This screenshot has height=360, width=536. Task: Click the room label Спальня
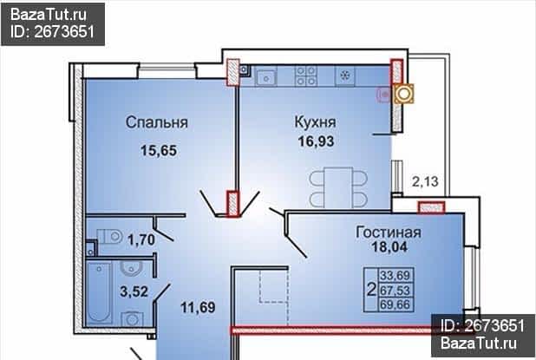(157, 122)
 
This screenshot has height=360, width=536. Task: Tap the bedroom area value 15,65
(159, 150)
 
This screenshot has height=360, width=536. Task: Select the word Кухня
(315, 122)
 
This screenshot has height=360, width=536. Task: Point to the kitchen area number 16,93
(316, 141)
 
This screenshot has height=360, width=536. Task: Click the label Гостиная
(389, 232)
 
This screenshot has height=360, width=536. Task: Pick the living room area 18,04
(389, 246)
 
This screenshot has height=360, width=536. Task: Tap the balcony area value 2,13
(425, 181)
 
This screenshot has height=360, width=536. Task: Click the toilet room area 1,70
(141, 239)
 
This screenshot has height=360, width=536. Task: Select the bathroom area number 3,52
(134, 291)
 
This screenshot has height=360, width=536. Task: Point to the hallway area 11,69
(198, 307)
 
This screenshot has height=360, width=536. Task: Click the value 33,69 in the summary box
(395, 275)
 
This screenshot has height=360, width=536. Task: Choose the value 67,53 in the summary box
(395, 291)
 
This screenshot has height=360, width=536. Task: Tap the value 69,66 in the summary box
(395, 304)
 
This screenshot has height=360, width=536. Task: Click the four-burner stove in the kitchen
(306, 75)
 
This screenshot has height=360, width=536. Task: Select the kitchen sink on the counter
(266, 76)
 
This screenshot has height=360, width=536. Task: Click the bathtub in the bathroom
(99, 292)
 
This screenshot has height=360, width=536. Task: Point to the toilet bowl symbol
(110, 237)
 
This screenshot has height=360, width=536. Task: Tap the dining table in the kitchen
(338, 187)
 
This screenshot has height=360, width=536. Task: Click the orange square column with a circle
(403, 94)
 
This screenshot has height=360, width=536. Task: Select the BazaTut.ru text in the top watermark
(49, 15)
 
